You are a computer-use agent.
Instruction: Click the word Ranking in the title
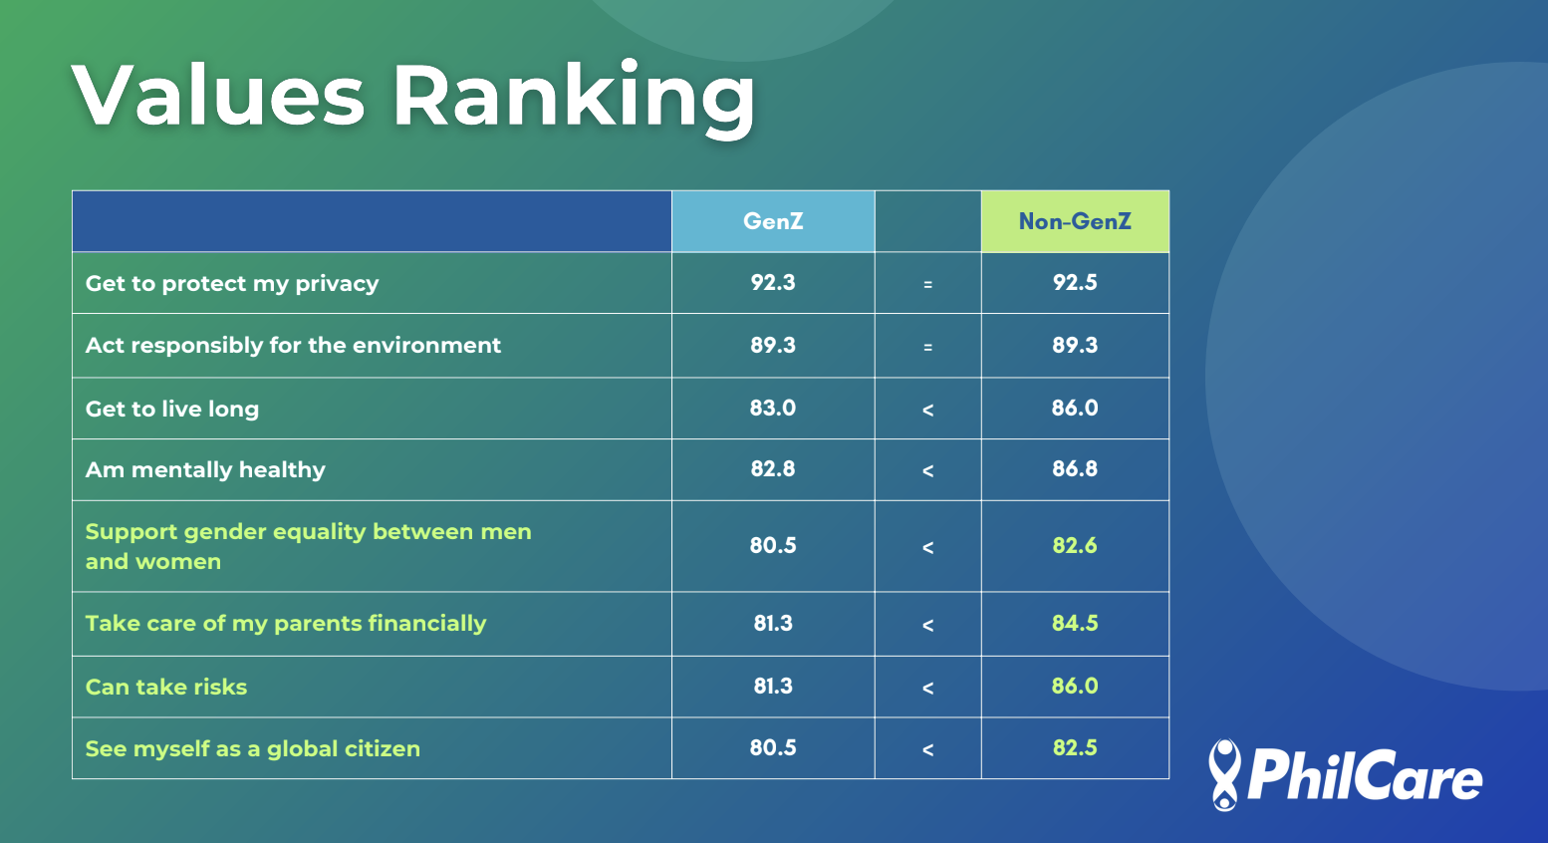(574, 97)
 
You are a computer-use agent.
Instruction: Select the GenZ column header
(773, 221)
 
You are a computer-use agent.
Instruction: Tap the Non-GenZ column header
(1075, 221)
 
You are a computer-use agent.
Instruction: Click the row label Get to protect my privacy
(232, 284)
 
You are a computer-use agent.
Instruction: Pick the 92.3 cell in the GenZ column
(773, 283)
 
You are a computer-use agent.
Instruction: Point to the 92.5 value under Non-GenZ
(1075, 283)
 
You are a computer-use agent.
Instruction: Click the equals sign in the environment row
(927, 347)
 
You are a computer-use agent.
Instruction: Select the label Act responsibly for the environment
(293, 346)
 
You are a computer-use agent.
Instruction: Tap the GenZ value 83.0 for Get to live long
(773, 409)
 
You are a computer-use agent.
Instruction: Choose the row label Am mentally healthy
(205, 470)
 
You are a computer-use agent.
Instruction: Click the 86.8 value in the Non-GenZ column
(1075, 469)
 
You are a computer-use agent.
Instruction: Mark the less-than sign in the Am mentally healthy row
(927, 470)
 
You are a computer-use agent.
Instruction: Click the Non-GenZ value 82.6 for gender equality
(1075, 546)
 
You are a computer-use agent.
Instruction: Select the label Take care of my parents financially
(286, 624)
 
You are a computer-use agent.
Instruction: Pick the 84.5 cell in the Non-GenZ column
(1075, 624)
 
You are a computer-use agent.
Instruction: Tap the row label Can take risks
(166, 688)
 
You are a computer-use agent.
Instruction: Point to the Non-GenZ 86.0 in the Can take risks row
(1075, 687)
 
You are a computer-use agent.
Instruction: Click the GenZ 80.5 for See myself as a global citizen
(773, 748)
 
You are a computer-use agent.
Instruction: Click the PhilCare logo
(1345, 775)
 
